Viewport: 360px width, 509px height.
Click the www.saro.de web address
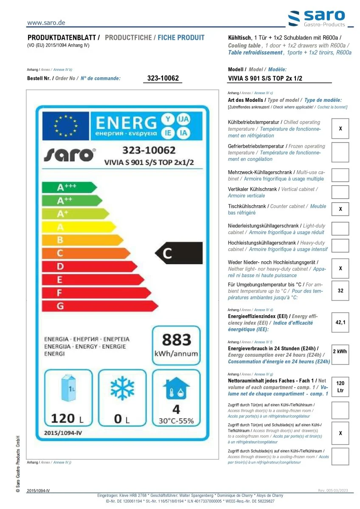pyautogui.click(x=46, y=23)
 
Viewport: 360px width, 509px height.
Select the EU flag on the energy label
pyautogui.click(x=66, y=125)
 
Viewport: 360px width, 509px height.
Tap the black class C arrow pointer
pyautogui.click(x=178, y=253)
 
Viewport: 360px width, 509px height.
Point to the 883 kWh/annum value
pyautogui.click(x=176, y=345)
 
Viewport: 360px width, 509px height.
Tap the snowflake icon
pyautogui.click(x=122, y=389)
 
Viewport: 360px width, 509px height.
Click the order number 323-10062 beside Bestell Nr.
pyautogui.click(x=163, y=78)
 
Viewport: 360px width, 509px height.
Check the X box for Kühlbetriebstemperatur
pyautogui.click(x=340, y=129)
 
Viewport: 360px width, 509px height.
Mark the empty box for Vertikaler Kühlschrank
pyautogui.click(x=340, y=192)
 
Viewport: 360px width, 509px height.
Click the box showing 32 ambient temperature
pyautogui.click(x=340, y=291)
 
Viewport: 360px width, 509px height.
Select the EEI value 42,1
pyautogui.click(x=340, y=322)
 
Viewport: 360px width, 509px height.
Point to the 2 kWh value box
pyautogui.click(x=340, y=352)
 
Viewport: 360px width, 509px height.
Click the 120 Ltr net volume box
pyautogui.click(x=340, y=386)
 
